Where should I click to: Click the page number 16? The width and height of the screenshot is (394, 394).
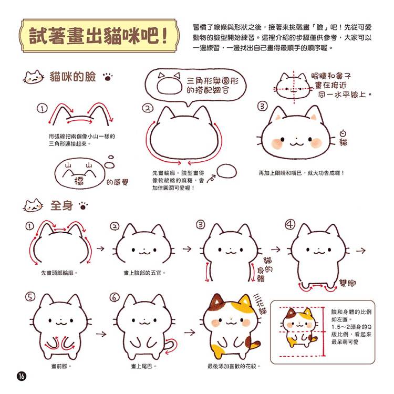click(22, 376)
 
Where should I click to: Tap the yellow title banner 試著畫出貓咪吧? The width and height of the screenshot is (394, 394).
click(99, 35)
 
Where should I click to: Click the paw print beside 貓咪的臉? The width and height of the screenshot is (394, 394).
click(108, 77)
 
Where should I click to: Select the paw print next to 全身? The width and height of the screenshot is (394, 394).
click(83, 205)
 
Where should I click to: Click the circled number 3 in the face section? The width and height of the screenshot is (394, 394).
click(262, 106)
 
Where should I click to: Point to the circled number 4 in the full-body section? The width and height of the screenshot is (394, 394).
click(289, 224)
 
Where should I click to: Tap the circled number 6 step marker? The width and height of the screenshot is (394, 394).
click(115, 297)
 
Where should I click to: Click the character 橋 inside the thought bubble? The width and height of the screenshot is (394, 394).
click(79, 181)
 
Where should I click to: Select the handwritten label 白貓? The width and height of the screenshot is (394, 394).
click(343, 138)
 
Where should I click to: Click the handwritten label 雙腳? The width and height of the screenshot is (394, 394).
click(348, 283)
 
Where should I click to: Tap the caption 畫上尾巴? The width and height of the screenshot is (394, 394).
click(143, 366)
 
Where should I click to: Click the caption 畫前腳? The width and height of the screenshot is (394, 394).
click(61, 366)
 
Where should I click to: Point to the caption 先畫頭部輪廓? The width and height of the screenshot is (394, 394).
click(59, 273)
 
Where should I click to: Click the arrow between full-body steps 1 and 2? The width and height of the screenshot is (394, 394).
click(100, 249)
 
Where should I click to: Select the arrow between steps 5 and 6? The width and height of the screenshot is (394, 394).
click(101, 334)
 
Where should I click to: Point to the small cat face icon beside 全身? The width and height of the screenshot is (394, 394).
click(33, 205)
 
